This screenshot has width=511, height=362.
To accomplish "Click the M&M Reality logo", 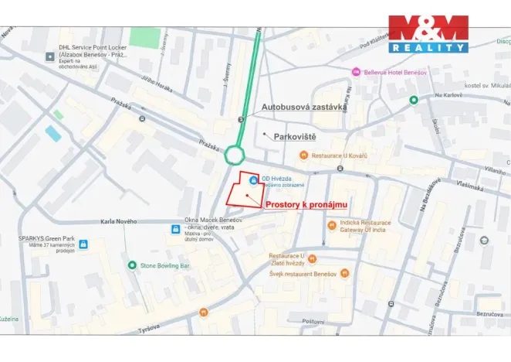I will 428,34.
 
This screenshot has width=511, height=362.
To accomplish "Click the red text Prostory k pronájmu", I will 306,204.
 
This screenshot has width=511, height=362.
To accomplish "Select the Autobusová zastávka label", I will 303,107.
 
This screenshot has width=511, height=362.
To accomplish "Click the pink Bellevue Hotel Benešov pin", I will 356,71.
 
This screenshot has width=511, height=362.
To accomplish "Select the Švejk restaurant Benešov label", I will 303,274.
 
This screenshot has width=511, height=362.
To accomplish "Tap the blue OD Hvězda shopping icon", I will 254,180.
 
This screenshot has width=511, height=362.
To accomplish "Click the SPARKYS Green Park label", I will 46,239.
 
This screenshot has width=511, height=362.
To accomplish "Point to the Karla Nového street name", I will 119,222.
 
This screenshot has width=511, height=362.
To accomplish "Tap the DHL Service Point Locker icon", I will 50,52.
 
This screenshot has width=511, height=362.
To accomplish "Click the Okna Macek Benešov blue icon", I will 176,229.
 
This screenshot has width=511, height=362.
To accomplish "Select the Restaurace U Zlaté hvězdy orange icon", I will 313,258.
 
